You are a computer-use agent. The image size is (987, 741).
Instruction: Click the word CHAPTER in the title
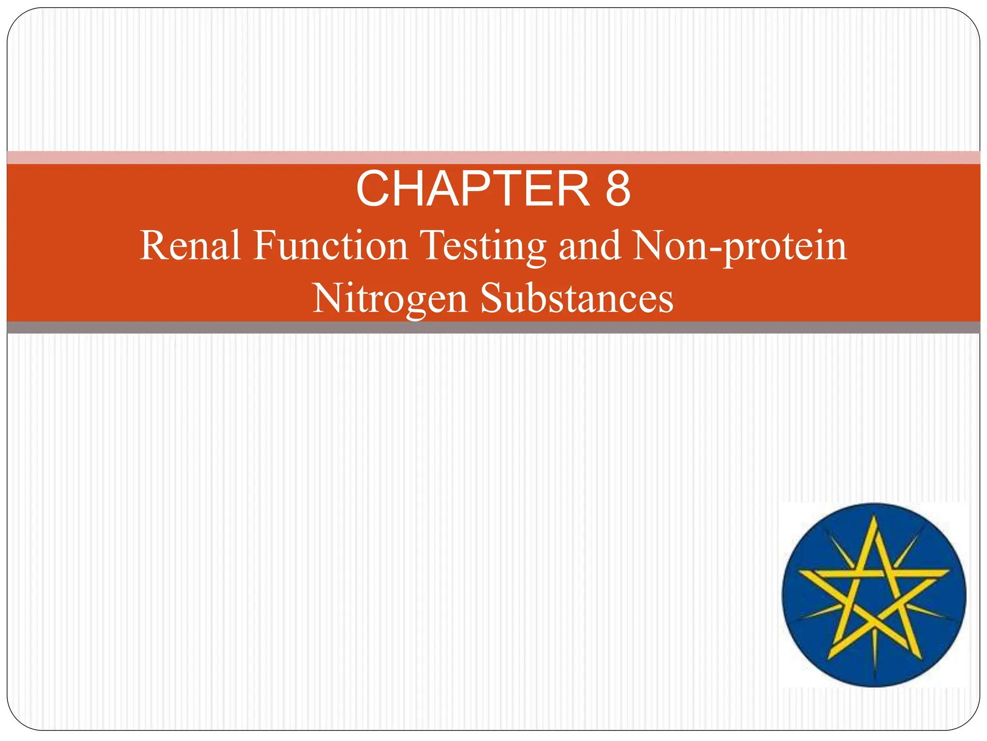click(473, 189)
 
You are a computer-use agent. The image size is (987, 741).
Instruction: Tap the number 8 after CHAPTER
click(617, 189)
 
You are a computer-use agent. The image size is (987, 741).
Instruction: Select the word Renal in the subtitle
click(190, 246)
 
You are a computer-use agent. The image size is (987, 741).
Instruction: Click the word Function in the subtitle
click(331, 246)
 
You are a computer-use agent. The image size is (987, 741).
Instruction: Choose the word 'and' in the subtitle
click(589, 246)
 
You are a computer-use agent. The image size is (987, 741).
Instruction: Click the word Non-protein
click(740, 247)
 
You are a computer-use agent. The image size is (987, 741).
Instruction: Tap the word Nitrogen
click(390, 299)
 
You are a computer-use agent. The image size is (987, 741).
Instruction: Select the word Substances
click(577, 298)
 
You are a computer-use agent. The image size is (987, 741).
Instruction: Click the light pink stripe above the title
click(493, 157)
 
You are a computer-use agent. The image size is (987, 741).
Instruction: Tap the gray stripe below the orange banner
click(493, 328)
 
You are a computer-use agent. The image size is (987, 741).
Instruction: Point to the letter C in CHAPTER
click(373, 189)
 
